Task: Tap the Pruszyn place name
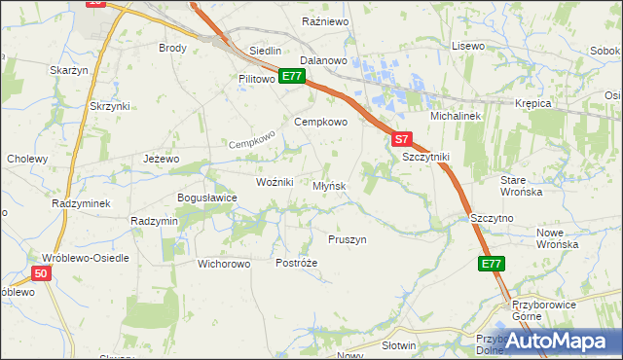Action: tap(347, 239)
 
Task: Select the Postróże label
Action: tap(297, 264)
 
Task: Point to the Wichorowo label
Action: tap(224, 264)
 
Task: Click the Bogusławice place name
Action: tap(206, 198)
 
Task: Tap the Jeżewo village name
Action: tap(162, 159)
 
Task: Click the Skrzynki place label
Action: tap(109, 105)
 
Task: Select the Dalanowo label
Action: tap(324, 60)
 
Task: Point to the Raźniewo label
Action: tap(325, 20)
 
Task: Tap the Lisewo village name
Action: tap(468, 46)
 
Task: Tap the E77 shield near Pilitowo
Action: tap(293, 75)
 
